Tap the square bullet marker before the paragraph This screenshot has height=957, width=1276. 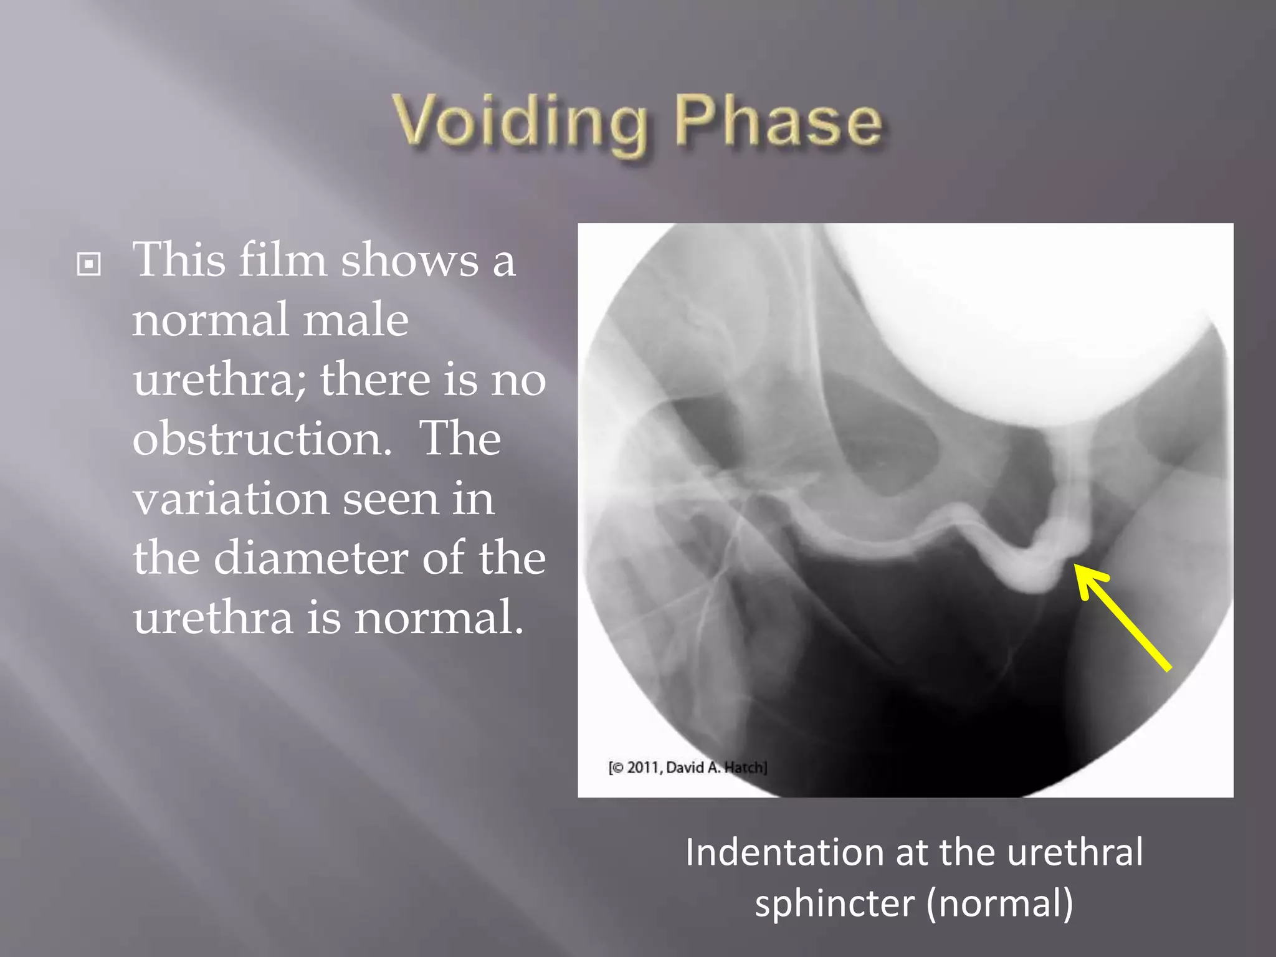point(89,264)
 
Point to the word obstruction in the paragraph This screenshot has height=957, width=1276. point(262,439)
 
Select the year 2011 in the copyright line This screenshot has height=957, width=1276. point(642,768)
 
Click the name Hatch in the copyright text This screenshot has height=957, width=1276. point(745,768)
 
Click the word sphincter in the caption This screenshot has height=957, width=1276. point(834,902)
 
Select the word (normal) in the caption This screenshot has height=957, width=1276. point(999,902)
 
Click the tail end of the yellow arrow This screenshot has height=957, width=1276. point(1168,669)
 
